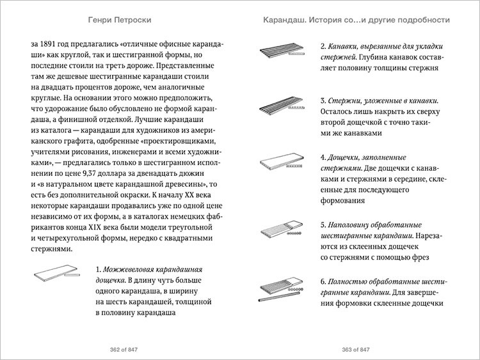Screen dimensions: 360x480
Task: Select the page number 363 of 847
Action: [x=356, y=349]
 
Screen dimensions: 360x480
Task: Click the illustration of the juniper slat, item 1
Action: [x=56, y=275]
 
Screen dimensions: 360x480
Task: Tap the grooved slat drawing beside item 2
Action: [x=282, y=51]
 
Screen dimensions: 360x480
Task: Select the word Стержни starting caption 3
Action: [x=347, y=100]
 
